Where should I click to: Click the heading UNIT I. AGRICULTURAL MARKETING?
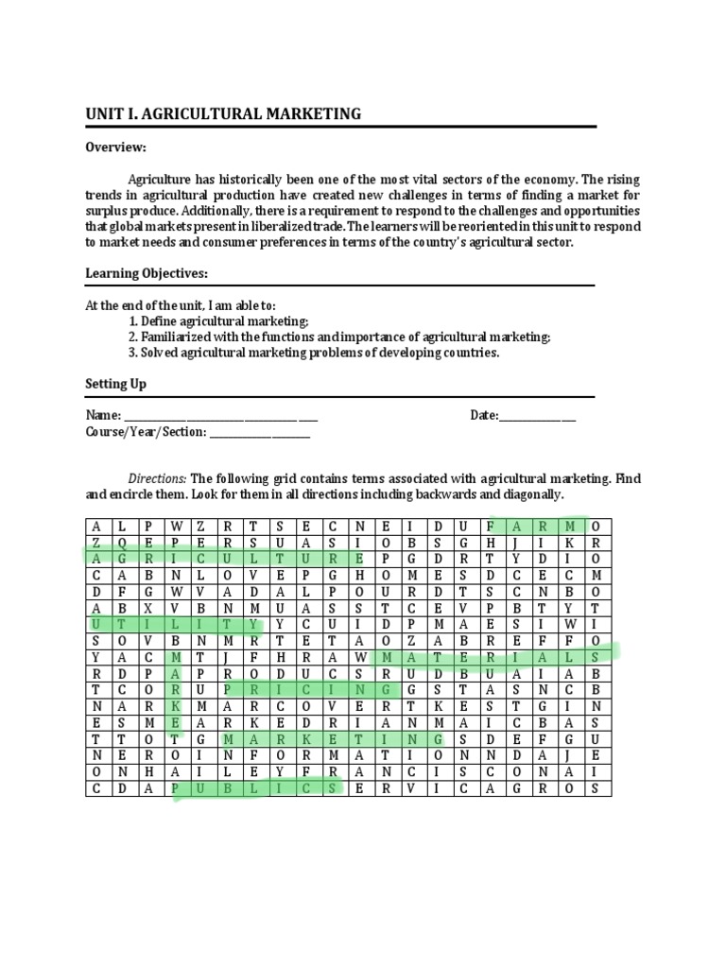pos(223,114)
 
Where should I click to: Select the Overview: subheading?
pos(116,147)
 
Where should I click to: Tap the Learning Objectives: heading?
pos(147,273)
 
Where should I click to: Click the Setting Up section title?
pos(116,385)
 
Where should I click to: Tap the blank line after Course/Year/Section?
pos(259,432)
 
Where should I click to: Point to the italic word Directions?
pos(158,479)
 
